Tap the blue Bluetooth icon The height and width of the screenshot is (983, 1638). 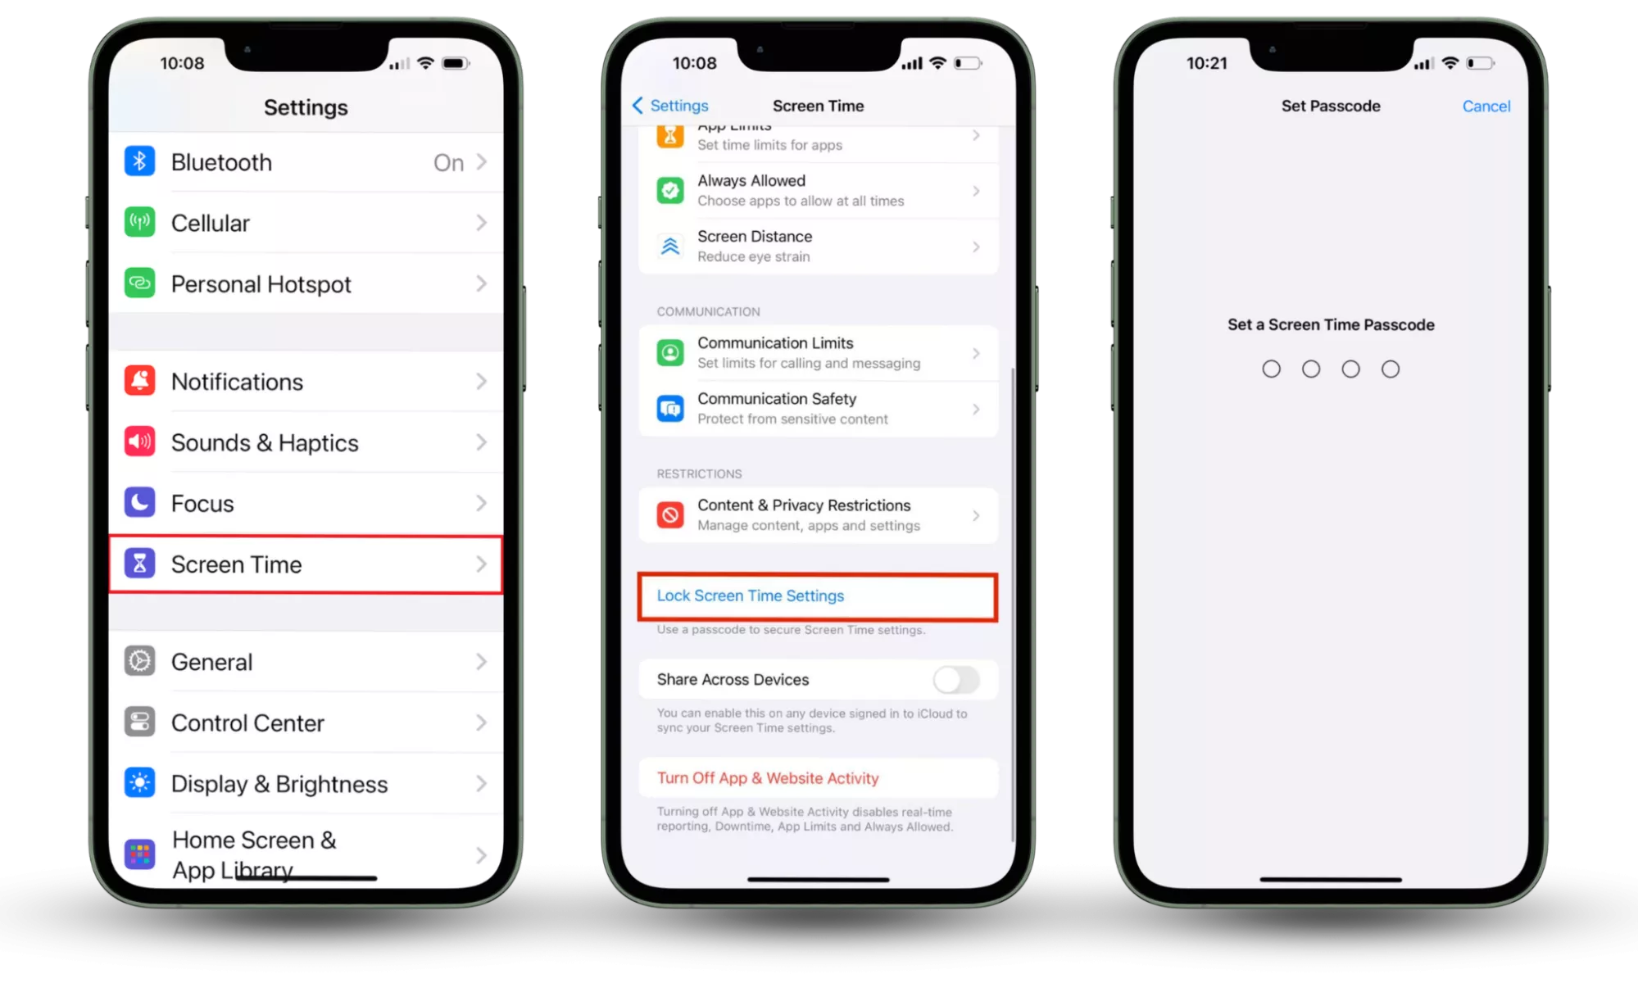tap(139, 161)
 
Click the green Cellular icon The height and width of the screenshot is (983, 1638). tap(139, 222)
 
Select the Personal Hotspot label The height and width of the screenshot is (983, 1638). tap(261, 284)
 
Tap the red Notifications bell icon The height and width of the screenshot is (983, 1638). tap(139, 381)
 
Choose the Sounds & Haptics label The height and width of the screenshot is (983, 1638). tap(265, 442)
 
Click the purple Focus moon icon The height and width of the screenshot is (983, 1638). tap(139, 502)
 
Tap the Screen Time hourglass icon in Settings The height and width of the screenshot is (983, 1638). tap(139, 564)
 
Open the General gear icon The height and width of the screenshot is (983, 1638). tap(139, 661)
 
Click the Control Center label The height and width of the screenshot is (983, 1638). tap(247, 723)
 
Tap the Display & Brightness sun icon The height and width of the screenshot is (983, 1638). tap(139, 783)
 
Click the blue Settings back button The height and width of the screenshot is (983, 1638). tap(670, 106)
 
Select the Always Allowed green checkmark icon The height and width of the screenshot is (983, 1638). tap(670, 190)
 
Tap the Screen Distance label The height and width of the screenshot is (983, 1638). tap(755, 236)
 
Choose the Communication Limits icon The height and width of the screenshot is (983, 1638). tap(670, 352)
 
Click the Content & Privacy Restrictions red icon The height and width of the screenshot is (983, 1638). tap(670, 514)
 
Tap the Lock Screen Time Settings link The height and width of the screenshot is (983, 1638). tap(750, 596)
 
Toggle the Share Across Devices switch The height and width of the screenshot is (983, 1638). tap(956, 679)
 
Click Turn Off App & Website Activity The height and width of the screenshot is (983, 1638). tap(768, 777)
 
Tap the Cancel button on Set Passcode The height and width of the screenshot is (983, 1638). tap(1486, 106)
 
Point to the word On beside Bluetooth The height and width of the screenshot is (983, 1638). tap(448, 162)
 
